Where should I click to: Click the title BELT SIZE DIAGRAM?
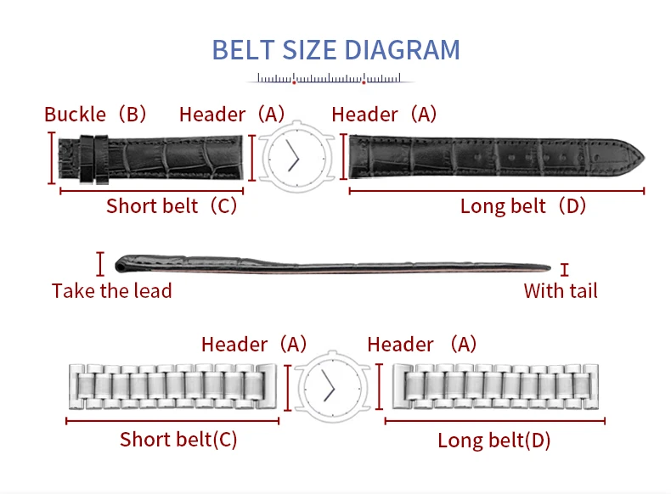336,50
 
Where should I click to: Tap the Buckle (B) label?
95,115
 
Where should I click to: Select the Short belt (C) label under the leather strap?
172,206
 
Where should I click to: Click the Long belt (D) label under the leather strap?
522,206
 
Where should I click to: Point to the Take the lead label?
111,291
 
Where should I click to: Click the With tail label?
561,291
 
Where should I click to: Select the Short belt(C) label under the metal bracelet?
178,440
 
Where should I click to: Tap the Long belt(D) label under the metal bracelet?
493,441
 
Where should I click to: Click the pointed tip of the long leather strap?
645,157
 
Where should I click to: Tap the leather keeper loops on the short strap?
94,159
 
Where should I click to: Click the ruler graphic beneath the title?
330,79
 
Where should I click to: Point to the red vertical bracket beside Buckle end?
51,158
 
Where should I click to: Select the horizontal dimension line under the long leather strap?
497,191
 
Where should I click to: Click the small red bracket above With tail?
565,270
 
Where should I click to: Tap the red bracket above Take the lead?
100,264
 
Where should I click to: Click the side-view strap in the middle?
332,264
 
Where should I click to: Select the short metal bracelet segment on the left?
172,387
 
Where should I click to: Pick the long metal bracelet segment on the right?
495,387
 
